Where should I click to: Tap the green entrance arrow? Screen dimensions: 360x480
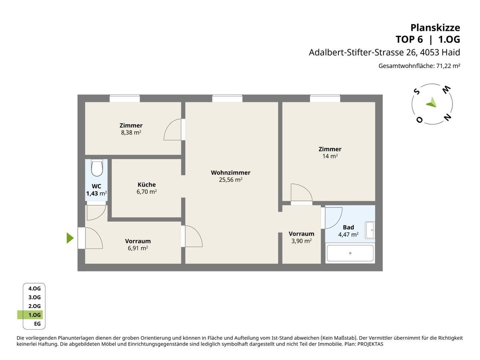pos(70,238)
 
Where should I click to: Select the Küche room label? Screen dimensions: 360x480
pos(146,184)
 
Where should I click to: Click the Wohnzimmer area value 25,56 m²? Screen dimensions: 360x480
pos(230,180)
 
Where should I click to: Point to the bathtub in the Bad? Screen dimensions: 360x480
pos(350,253)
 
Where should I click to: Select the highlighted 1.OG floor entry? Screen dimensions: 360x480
pos(34,315)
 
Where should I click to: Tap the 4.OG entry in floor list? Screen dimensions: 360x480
pos(34,288)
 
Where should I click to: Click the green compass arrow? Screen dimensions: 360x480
pos(431,103)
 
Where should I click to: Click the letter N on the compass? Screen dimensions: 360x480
pos(448,117)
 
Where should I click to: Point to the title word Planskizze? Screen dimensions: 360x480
pos(435,28)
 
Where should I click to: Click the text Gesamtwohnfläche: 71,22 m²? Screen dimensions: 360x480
pos(419,66)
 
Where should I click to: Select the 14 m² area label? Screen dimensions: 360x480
pos(330,156)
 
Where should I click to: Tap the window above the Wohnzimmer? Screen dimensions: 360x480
pos(227,98)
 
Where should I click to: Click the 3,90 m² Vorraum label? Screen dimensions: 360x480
pos(301,241)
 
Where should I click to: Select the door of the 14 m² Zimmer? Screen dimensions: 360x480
pos(301,193)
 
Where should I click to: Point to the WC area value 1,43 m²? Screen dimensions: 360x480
pos(96,194)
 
